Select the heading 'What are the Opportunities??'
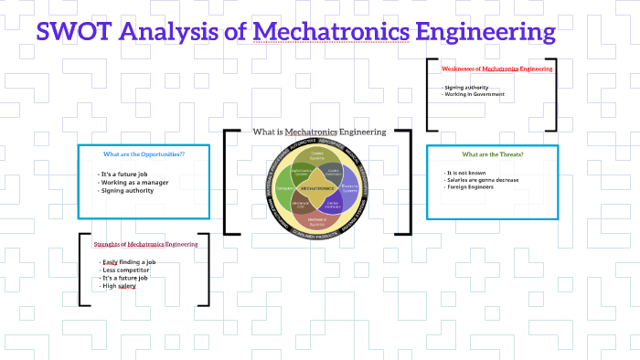point(144,154)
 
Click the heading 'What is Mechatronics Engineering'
point(319,132)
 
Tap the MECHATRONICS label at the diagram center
point(317,186)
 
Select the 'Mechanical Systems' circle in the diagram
point(317,219)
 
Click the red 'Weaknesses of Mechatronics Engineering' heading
point(496,69)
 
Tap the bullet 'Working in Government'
point(474,95)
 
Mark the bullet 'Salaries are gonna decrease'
point(488,181)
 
